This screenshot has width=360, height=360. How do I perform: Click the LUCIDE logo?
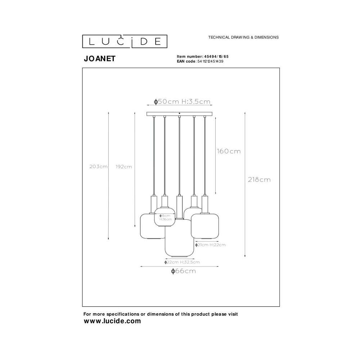(125, 41)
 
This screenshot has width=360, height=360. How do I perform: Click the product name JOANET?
(100, 59)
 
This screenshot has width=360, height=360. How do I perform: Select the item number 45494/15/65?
(215, 57)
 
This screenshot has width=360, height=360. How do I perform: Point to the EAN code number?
(210, 61)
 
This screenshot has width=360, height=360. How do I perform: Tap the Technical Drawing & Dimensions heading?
(243, 37)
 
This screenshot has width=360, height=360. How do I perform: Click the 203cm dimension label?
(99, 166)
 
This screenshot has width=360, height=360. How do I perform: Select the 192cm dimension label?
(124, 167)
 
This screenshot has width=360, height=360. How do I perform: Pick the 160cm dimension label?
(229, 151)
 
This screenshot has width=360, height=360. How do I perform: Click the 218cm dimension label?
(259, 180)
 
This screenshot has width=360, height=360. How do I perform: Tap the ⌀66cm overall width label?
(184, 271)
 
